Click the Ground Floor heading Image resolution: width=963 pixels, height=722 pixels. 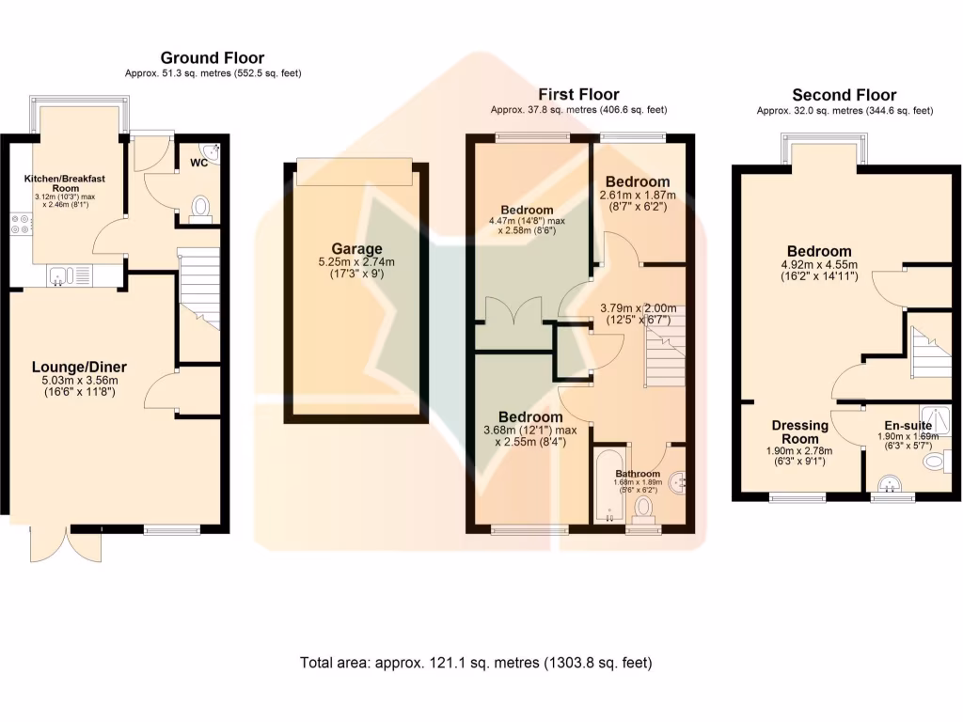(212, 58)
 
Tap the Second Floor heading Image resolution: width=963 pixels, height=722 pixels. (844, 95)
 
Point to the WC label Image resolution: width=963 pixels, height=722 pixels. (198, 163)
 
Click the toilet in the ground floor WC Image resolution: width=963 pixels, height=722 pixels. (200, 208)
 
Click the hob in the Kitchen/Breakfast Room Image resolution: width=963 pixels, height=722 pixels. (21, 225)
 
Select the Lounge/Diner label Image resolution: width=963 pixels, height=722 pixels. (79, 367)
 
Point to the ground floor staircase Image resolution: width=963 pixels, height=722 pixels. (198, 287)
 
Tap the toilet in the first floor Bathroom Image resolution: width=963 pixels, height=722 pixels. (644, 508)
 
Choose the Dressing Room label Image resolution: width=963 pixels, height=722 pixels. (799, 432)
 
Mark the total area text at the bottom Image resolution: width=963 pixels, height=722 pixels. (475, 663)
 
